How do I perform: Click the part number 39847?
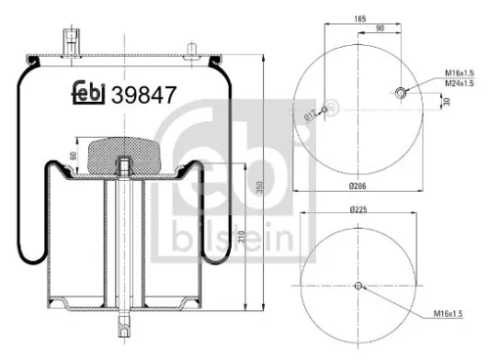[144, 96]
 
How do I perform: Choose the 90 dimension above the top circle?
[378, 29]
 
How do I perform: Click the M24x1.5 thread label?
[459, 84]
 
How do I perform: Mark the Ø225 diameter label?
[359, 208]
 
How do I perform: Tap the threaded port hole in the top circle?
[401, 94]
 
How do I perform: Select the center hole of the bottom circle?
[359, 286]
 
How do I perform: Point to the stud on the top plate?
[72, 42]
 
